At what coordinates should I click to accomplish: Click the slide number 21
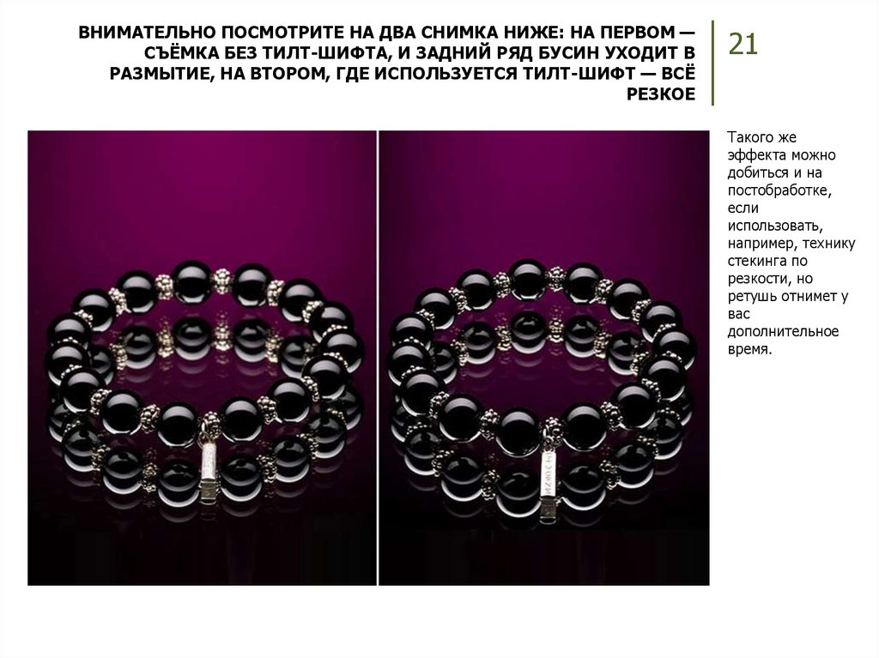click(743, 45)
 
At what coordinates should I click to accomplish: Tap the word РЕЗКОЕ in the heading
click(661, 94)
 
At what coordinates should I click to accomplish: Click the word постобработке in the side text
click(779, 190)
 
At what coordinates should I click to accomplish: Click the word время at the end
click(749, 350)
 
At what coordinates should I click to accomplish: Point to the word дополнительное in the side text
click(783, 332)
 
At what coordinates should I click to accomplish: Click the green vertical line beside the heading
click(712, 63)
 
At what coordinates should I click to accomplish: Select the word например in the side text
click(762, 244)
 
